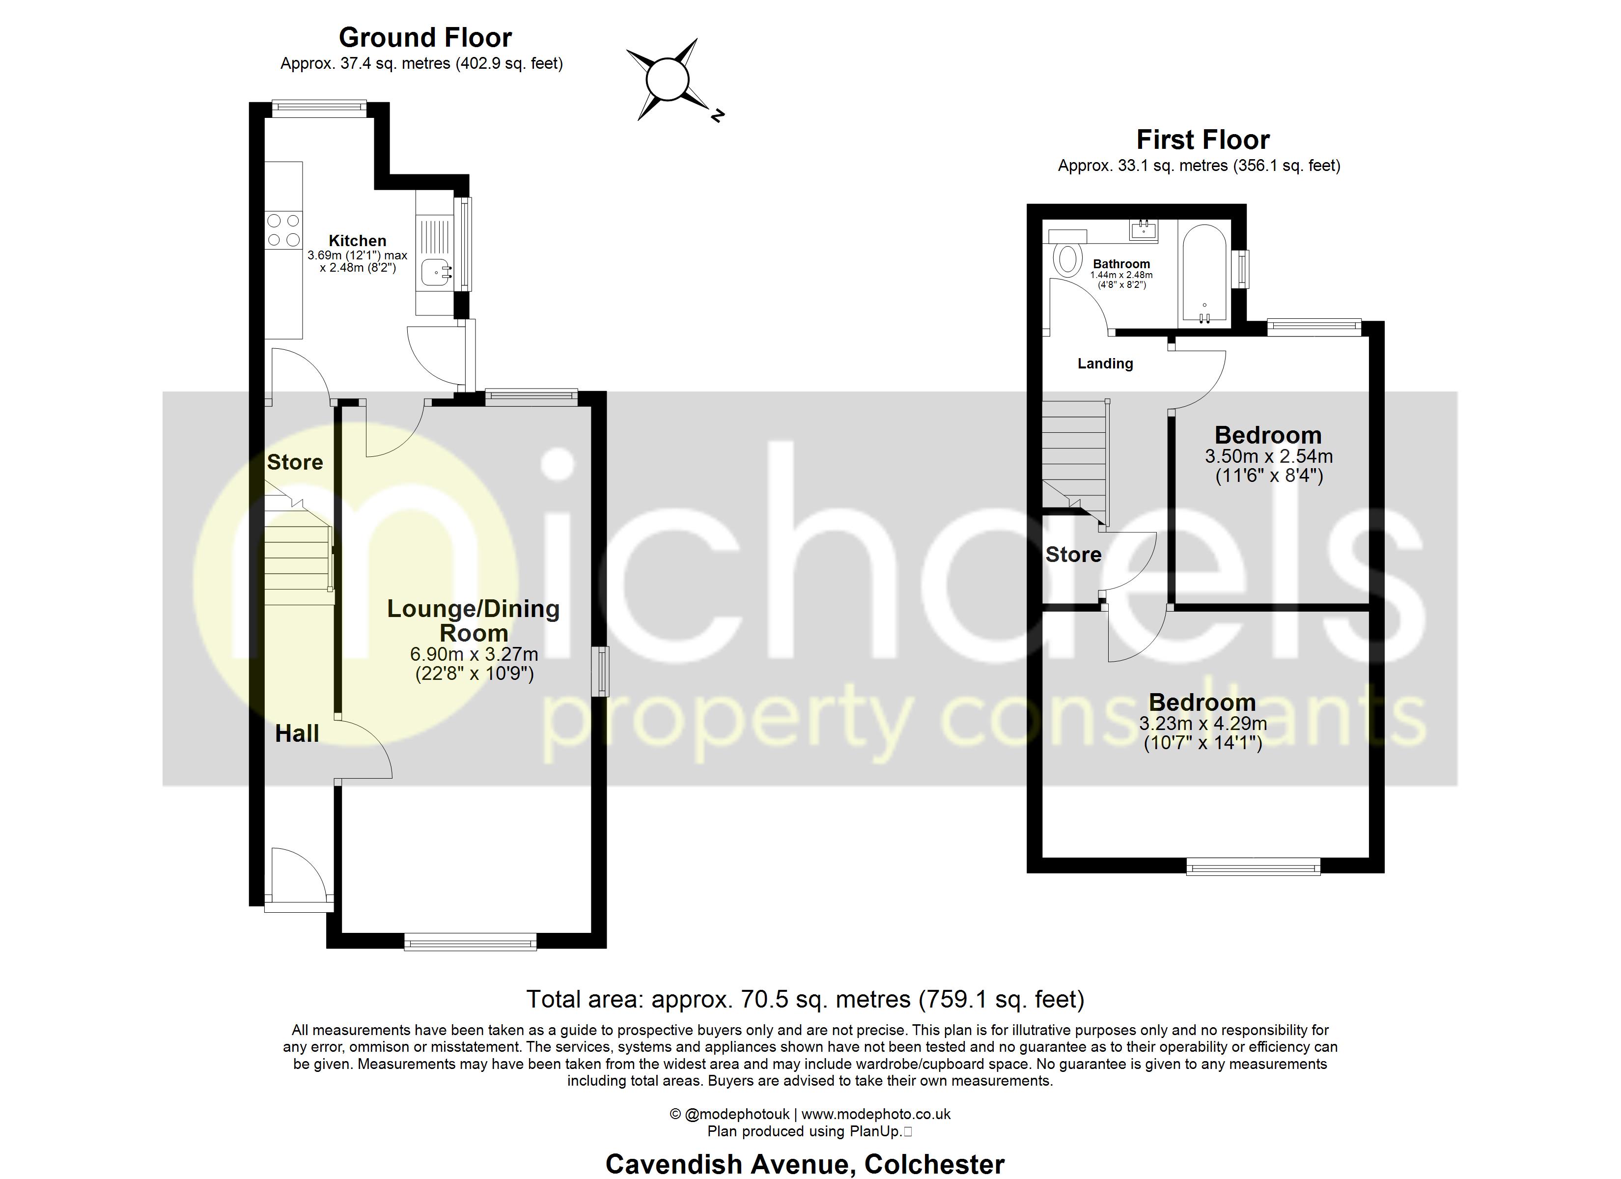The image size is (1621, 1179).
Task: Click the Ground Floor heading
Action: (425, 37)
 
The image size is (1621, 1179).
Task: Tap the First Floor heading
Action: (1203, 140)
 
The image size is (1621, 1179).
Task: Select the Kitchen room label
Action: (358, 241)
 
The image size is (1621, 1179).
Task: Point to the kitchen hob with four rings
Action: (283, 230)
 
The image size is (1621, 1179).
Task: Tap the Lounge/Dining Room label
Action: (473, 620)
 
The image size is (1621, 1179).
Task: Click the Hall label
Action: (297, 733)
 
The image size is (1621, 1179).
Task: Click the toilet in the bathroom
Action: (1067, 259)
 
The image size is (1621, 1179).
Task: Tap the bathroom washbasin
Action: (1144, 229)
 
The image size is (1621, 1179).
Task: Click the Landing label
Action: (1105, 364)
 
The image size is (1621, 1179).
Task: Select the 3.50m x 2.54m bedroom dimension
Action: (1269, 456)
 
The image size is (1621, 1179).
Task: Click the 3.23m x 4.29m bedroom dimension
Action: (1203, 724)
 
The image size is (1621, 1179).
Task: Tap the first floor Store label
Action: (1073, 555)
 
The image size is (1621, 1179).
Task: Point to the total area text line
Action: (805, 999)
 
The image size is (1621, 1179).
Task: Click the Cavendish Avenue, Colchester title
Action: (805, 1164)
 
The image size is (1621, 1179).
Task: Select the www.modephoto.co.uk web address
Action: (875, 1114)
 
